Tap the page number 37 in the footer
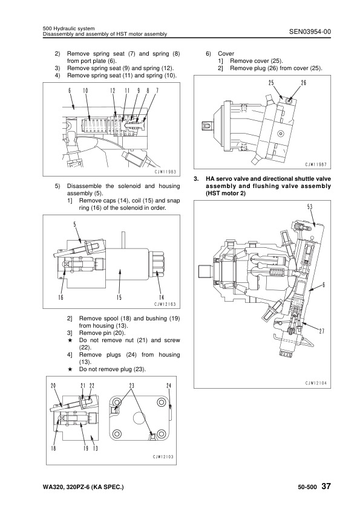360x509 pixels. pyautogui.click(x=326, y=486)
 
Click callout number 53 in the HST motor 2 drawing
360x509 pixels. pyautogui.click(x=310, y=207)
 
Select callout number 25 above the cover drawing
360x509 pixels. pyautogui.click(x=272, y=83)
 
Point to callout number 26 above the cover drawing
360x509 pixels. pyautogui.click(x=304, y=83)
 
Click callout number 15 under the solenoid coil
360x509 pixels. pyautogui.click(x=120, y=297)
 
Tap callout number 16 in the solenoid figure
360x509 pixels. pyautogui.click(x=61, y=297)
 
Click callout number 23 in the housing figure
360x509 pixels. pyautogui.click(x=131, y=386)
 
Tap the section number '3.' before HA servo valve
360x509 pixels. pyautogui.click(x=195, y=179)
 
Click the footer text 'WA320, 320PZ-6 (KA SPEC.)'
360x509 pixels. pyautogui.click(x=83, y=487)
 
